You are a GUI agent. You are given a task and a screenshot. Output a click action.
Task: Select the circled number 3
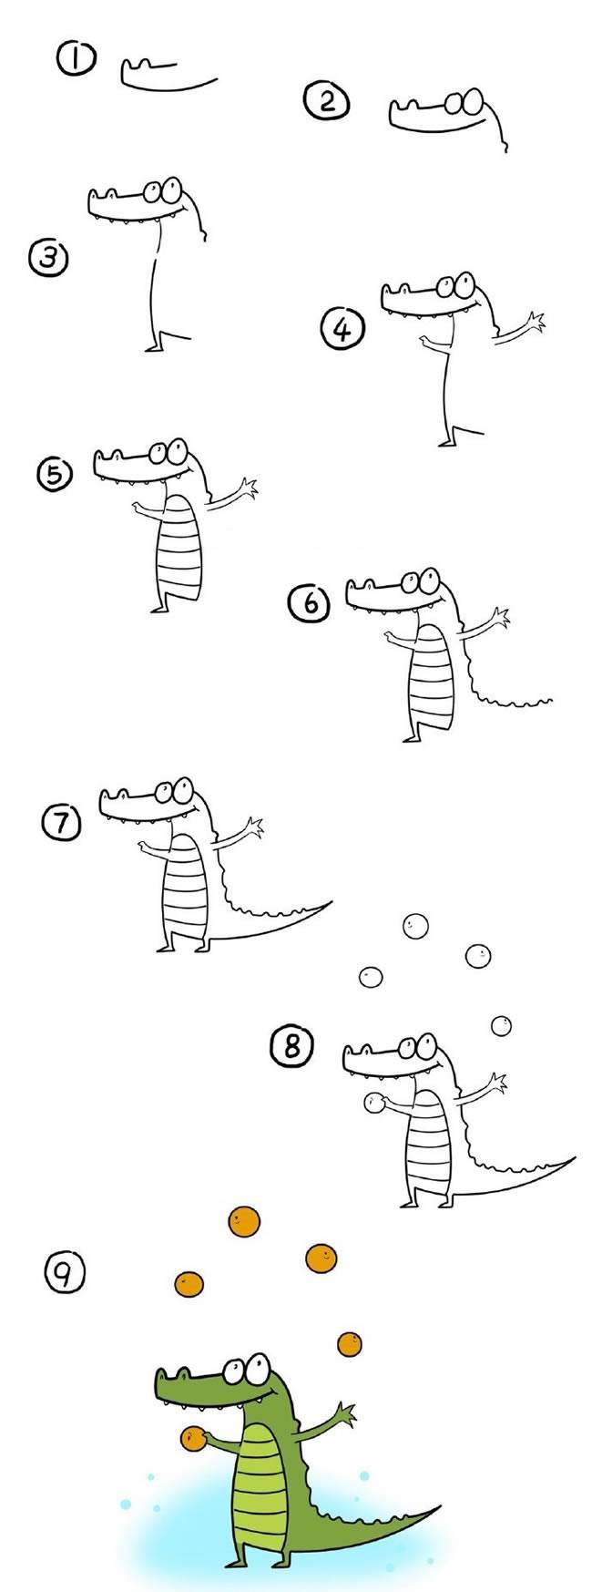pos(49,258)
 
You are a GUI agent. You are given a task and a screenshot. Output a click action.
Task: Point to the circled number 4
pos(342,329)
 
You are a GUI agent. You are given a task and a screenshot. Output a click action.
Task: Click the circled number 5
pos(54,474)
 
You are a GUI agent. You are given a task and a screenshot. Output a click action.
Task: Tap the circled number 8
pos(291,1046)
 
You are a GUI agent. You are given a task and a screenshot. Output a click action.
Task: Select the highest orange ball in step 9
pos(243,1220)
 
